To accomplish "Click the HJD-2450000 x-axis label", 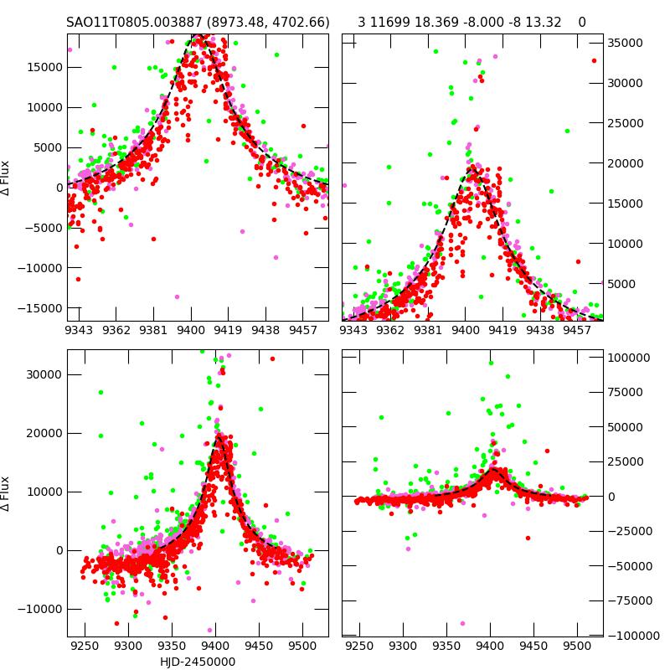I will click(198, 662).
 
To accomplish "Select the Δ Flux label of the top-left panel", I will click(7, 178).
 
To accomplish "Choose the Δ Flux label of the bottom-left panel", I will click(7, 494).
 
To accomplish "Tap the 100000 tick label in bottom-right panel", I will click(628, 358).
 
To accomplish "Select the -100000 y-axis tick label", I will click(631, 636).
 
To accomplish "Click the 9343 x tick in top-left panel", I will click(80, 331).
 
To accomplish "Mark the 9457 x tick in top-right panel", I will click(577, 331).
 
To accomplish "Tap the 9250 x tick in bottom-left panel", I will click(85, 646).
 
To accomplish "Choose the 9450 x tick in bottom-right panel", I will click(533, 646).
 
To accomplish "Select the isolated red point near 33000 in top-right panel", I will click(594, 60).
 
